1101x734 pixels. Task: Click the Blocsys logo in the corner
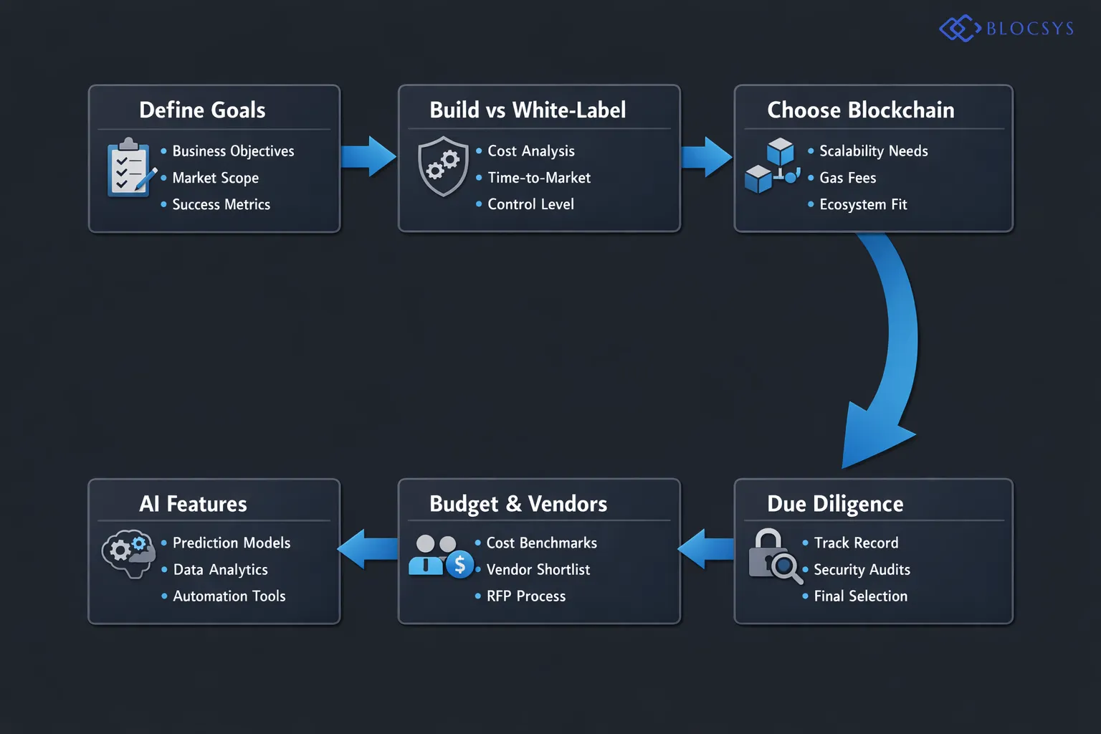(x=1006, y=29)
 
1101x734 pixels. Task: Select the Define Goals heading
(x=202, y=110)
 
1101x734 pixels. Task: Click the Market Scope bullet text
(x=215, y=178)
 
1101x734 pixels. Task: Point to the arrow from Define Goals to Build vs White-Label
(x=368, y=156)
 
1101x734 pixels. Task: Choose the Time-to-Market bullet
(x=539, y=178)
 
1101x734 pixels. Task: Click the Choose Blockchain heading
(x=860, y=110)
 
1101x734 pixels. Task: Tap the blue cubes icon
(x=772, y=166)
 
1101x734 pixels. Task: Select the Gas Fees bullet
(x=847, y=178)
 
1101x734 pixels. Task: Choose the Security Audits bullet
(x=862, y=570)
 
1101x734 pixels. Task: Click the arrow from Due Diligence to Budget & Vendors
(x=707, y=549)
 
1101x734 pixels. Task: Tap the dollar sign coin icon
(x=459, y=565)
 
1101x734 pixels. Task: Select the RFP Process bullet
(x=525, y=596)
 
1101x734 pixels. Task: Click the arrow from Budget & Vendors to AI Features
(x=368, y=549)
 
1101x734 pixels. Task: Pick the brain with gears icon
(x=128, y=553)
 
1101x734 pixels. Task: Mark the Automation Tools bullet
(x=229, y=596)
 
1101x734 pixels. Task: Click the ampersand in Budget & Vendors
(x=514, y=504)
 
